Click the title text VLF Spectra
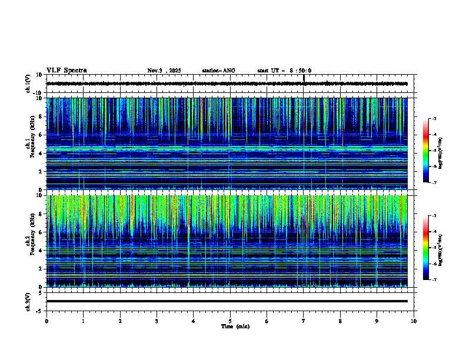pos(66,71)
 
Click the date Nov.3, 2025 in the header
pos(164,71)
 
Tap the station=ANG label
pos(218,71)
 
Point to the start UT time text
pos(284,71)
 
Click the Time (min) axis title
pos(235,326)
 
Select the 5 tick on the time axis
pos(230,321)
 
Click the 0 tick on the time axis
pos(46,321)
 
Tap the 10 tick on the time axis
pos(414,321)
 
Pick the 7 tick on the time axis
pos(304,321)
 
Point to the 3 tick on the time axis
pos(157,321)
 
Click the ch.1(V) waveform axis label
pos(28,84)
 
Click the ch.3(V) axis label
pos(28,301)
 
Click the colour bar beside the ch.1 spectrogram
pos(425,151)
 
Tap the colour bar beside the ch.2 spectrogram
pos(425,248)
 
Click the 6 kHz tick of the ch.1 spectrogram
pos(41,135)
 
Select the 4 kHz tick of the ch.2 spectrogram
pos(41,251)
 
